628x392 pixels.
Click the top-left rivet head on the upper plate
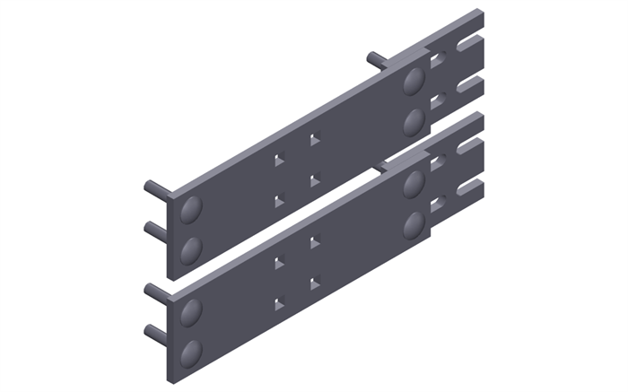[191, 211]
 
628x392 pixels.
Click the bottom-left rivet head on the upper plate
[191, 249]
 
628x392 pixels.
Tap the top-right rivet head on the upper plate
[414, 81]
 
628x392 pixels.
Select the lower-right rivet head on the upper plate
[414, 120]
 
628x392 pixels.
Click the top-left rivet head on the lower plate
[191, 313]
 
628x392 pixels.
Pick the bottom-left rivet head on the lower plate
[191, 352]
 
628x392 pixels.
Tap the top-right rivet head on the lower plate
[414, 184]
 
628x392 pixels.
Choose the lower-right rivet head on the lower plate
[414, 223]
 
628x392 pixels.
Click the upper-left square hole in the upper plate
[279, 161]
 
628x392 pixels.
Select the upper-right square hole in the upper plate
[314, 140]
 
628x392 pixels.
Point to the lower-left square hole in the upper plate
[279, 201]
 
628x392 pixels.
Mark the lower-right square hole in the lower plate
[314, 283]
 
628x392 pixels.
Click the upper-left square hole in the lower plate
[279, 263]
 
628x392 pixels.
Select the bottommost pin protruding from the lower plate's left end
[154, 334]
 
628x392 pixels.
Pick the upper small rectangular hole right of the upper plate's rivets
[438, 61]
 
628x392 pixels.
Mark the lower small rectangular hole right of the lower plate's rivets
[438, 205]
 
